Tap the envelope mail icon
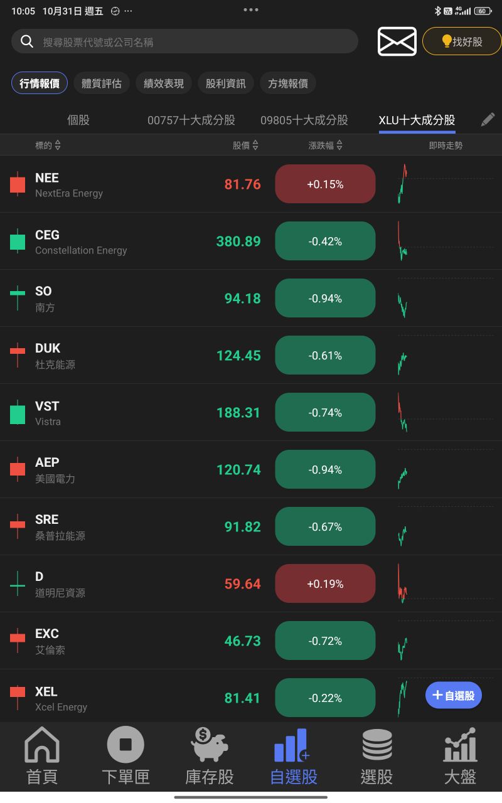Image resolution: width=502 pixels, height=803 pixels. pos(397,41)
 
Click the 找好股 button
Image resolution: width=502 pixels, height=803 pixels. pos(462,41)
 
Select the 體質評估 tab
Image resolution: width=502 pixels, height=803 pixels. pos(102,83)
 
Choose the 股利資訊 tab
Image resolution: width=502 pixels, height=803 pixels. pos(226,83)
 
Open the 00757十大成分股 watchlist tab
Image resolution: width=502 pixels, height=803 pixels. pos(191,120)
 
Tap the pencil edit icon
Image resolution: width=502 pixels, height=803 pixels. pos(488,120)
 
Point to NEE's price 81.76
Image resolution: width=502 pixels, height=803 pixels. pos(242,184)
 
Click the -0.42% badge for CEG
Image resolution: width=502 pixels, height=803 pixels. pos(325,242)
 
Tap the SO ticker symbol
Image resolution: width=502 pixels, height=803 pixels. pos(43,291)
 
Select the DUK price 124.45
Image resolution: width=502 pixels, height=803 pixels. pos(238,356)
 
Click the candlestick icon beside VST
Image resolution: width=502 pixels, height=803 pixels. pos(18,413)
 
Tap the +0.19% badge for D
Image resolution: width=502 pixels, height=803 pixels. pos(325,584)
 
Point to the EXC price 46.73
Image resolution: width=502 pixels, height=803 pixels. pos(242,641)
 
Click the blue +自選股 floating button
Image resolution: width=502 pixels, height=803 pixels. pos(454,695)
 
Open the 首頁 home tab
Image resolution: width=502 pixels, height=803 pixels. pos(42,756)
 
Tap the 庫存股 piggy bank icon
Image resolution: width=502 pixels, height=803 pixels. pos(210,744)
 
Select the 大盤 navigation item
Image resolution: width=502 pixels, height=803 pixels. pos(460,756)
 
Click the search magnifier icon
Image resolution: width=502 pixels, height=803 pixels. pos(27,41)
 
